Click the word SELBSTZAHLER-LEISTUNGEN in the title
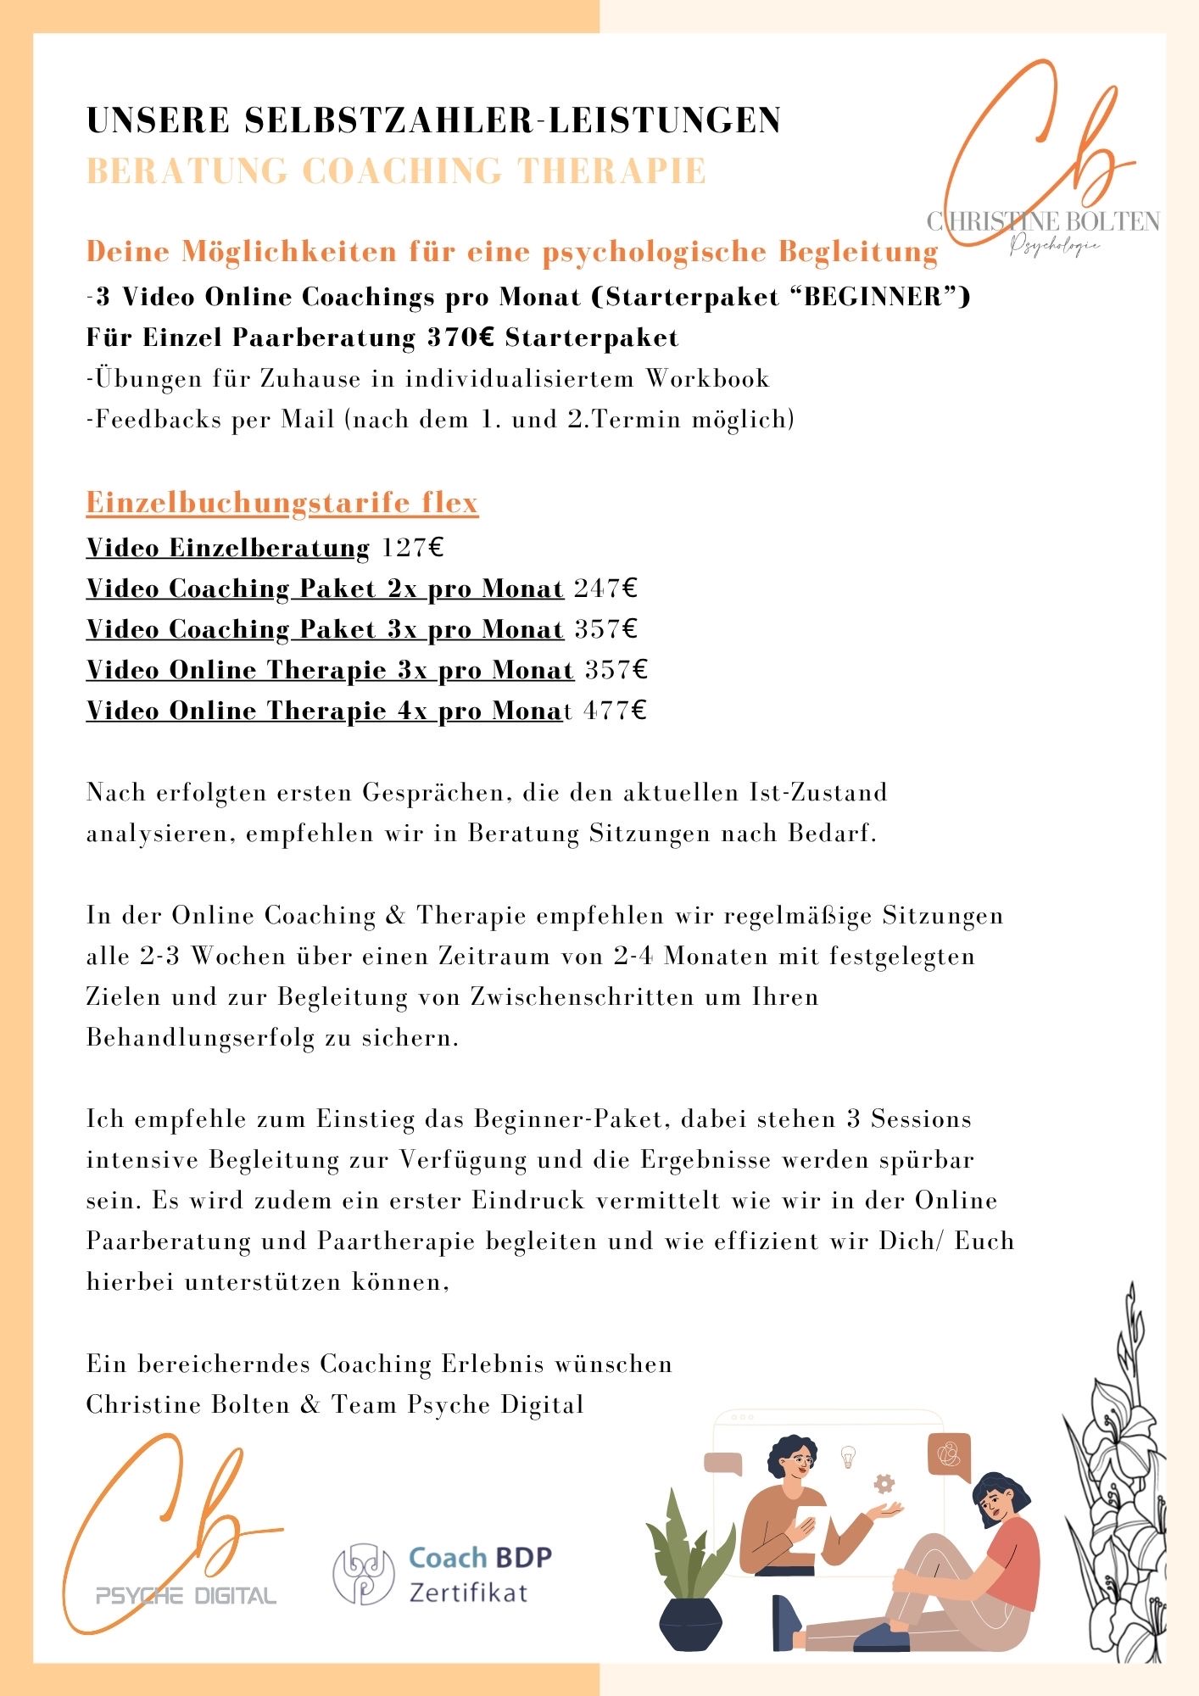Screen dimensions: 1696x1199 (513, 120)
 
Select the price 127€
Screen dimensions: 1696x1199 (412, 548)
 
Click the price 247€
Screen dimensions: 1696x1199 (605, 589)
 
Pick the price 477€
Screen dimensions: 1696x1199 (615, 711)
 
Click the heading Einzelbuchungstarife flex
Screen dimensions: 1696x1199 (282, 502)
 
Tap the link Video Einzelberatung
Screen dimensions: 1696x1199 (228, 548)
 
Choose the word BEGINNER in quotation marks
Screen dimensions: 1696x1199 (873, 297)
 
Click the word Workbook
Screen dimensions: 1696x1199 (708, 378)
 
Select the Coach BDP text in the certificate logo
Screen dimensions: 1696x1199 (480, 1557)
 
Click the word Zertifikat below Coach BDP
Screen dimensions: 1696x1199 (468, 1593)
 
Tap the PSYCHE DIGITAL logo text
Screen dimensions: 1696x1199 (186, 1596)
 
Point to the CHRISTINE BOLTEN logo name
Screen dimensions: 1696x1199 (1043, 222)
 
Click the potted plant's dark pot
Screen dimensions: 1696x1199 (690, 1623)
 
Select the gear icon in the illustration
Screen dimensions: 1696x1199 (884, 1483)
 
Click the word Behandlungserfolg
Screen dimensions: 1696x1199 (200, 1038)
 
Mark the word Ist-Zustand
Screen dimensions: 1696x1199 (818, 792)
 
